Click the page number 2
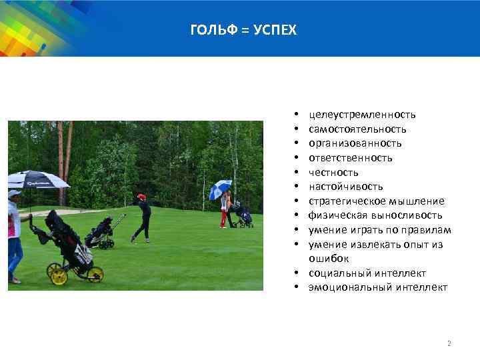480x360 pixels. (x=449, y=343)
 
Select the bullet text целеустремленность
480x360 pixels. (x=362, y=115)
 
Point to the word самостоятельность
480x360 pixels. (x=357, y=129)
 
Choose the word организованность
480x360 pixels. (x=355, y=143)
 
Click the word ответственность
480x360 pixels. (x=350, y=158)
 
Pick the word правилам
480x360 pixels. (x=427, y=230)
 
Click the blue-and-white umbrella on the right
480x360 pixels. (x=220, y=189)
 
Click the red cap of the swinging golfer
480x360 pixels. (x=141, y=197)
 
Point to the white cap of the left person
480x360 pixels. (x=14, y=193)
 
